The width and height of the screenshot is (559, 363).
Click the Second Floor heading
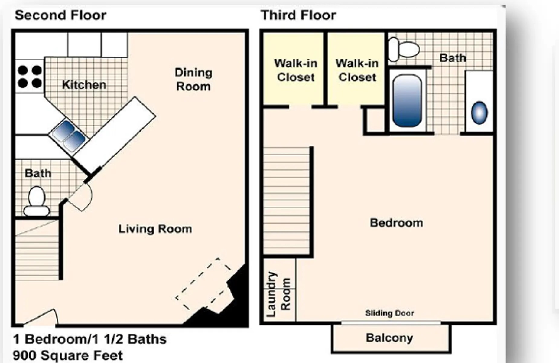60,15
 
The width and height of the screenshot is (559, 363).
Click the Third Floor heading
298,15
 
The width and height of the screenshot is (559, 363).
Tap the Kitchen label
84,85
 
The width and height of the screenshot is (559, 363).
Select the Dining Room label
193,80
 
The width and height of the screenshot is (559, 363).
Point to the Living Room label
155,229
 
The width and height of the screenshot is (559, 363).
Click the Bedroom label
396,223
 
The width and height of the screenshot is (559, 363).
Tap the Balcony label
389,338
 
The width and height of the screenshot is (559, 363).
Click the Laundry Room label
278,294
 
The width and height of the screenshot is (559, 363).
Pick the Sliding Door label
389,313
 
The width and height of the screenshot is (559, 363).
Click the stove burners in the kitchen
30,77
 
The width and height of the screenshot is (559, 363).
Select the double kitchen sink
69,136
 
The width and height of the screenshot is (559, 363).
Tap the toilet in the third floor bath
404,49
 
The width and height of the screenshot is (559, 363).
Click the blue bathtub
407,101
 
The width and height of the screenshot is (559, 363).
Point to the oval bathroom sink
479,113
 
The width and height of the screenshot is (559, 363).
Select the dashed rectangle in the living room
203,284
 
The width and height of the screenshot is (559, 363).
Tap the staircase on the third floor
286,201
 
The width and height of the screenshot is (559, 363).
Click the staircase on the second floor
37,250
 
